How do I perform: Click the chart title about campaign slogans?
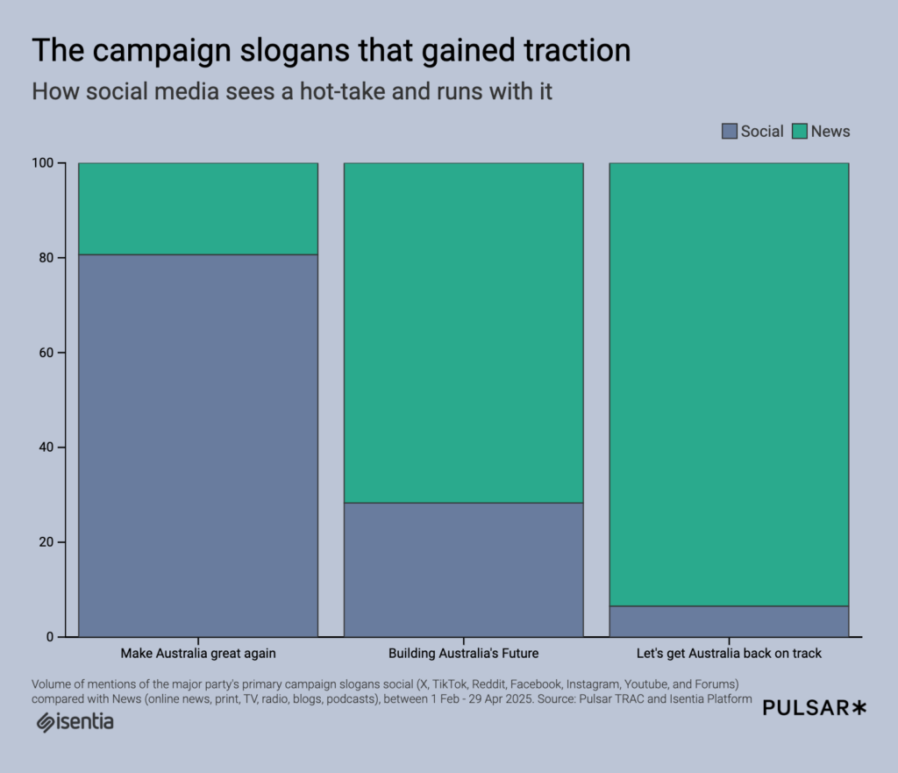click(331, 51)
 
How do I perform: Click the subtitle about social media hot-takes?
click(292, 91)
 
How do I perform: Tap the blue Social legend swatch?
click(730, 132)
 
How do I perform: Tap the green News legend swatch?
click(800, 132)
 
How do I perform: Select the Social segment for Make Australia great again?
click(198, 445)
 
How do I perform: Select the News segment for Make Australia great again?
click(198, 209)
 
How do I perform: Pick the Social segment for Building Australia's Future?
click(463, 569)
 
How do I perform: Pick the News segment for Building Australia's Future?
click(463, 333)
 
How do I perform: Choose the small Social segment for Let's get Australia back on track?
click(729, 621)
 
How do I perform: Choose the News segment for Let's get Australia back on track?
click(729, 384)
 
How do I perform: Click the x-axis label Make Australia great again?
click(198, 654)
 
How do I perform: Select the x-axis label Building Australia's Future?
click(463, 654)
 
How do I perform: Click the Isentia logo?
click(75, 722)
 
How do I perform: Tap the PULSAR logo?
click(814, 708)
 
